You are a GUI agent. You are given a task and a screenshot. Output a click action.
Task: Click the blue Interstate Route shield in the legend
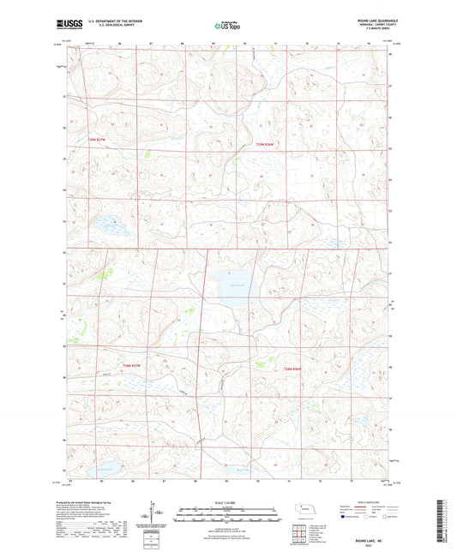tap(345, 517)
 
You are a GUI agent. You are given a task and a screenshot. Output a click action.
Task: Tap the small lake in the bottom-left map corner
tap(105, 470)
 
